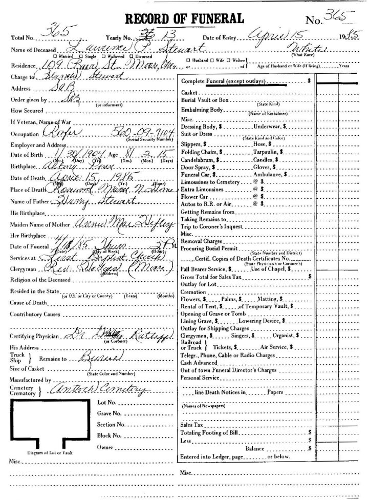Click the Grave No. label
pos(110,413)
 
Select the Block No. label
pos(110,435)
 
